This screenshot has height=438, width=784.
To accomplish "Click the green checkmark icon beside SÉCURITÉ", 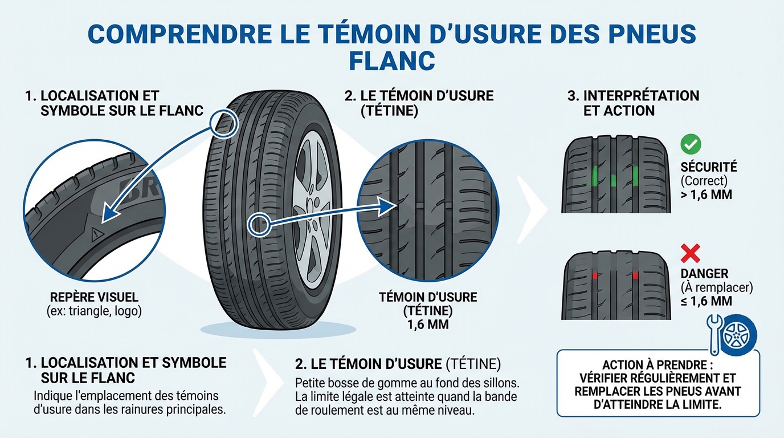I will tap(691, 144).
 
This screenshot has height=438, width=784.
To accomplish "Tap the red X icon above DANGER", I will tap(691, 253).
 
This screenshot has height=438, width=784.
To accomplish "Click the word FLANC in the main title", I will tap(391, 61).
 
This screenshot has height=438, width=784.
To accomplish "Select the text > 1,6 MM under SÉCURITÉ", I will tap(707, 194).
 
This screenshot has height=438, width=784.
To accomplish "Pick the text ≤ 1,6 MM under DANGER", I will tap(707, 301).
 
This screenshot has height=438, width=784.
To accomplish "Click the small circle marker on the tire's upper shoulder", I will tap(223, 122).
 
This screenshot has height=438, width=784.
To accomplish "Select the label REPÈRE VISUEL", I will tap(94, 298).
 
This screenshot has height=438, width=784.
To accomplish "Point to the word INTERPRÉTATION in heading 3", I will tap(641, 95).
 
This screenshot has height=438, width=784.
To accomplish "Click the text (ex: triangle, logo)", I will tap(95, 311).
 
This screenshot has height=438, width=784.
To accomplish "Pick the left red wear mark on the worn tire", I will tap(595, 275).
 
